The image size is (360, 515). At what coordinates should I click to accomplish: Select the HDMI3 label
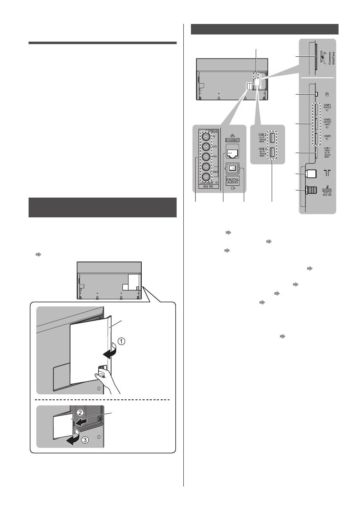[326, 137]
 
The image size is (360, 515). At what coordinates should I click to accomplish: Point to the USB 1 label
[326, 148]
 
